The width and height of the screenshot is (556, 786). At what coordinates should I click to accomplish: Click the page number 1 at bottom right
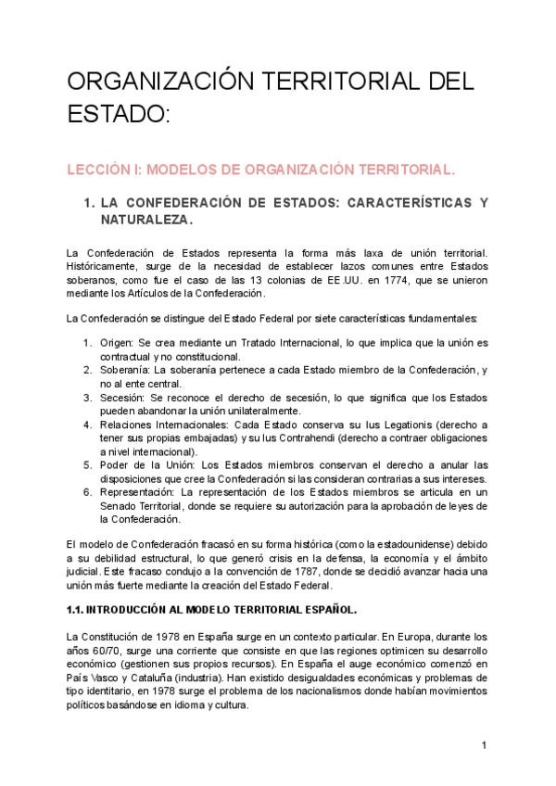(484, 744)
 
